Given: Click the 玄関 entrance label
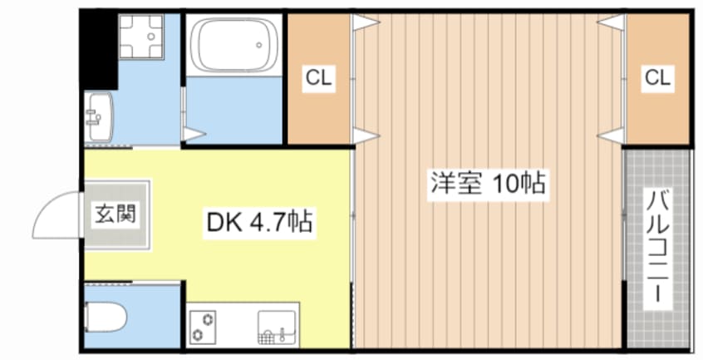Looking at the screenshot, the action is [x=115, y=213].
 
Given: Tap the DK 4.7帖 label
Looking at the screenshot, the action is [x=259, y=222].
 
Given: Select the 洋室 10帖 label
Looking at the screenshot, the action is [x=488, y=184].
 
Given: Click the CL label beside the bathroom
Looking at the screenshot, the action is [x=318, y=78].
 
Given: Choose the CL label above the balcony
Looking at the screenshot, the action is [x=657, y=78].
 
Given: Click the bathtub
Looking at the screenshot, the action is [x=234, y=44].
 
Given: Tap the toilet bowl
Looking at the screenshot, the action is [x=106, y=317].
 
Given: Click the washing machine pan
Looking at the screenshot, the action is [x=140, y=37].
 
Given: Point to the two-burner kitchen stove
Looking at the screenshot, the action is [x=202, y=328].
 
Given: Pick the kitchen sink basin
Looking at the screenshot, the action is [x=277, y=328].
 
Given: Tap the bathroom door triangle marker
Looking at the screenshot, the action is [x=194, y=133].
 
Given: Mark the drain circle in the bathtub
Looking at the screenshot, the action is [x=258, y=44].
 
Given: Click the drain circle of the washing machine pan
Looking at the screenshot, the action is [x=151, y=37].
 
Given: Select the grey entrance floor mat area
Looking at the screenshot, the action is [x=116, y=215].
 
